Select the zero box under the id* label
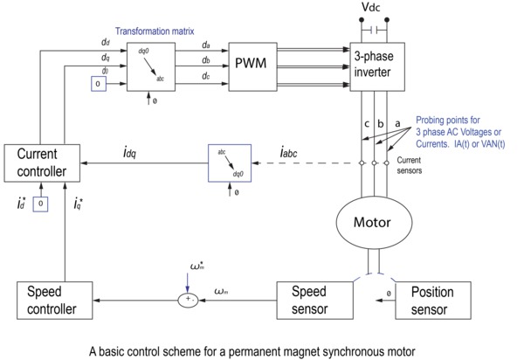click(x=40, y=203)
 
